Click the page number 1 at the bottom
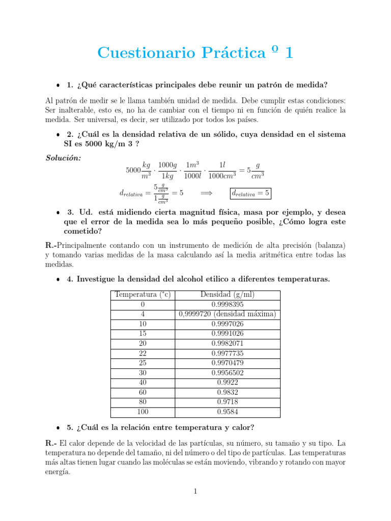(195, 491)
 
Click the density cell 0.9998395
(228, 305)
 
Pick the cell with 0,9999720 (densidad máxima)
(228, 314)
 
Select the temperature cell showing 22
(143, 353)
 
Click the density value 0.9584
(228, 412)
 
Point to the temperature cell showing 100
(143, 412)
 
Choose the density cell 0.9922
(228, 383)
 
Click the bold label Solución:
(63, 158)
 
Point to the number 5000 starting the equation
(133, 170)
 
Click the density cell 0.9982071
(228, 343)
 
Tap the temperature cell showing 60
(143, 392)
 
